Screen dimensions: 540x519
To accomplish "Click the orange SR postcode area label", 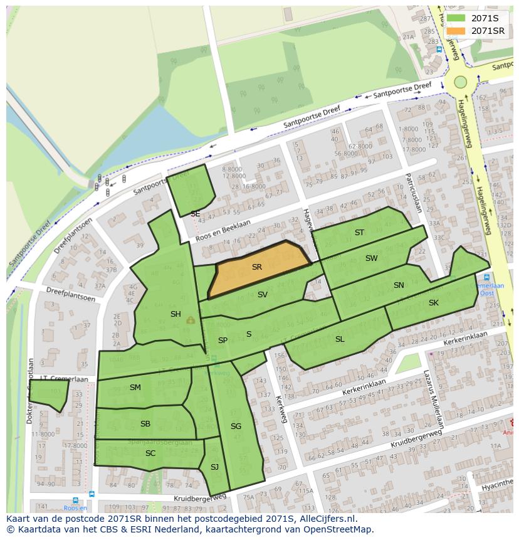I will coord(256,267).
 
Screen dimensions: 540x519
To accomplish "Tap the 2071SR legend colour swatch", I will coord(456,31).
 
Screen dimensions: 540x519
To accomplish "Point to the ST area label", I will coord(359,233).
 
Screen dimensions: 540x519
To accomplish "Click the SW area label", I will coord(372,258).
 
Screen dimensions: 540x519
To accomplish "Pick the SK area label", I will coord(434,303).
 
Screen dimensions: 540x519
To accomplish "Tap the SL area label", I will coord(340,339).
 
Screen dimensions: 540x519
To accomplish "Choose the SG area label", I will coord(236,426).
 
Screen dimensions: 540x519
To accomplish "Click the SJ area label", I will coord(214,467).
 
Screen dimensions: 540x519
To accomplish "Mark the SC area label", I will coord(150,453).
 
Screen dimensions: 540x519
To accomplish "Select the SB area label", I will coord(145,424).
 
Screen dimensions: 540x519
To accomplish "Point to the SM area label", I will coord(135,388).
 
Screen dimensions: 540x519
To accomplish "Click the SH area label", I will coord(176,314).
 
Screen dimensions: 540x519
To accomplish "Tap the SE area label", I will coord(195,214).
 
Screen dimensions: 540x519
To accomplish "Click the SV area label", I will coord(263,295).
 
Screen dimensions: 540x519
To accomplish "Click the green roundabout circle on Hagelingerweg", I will coord(461,82).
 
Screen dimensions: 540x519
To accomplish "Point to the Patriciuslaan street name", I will coord(412,193).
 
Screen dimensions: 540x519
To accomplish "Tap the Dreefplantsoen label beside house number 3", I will coord(71,295).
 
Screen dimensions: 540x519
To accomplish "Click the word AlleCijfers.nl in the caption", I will coord(325,519).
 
